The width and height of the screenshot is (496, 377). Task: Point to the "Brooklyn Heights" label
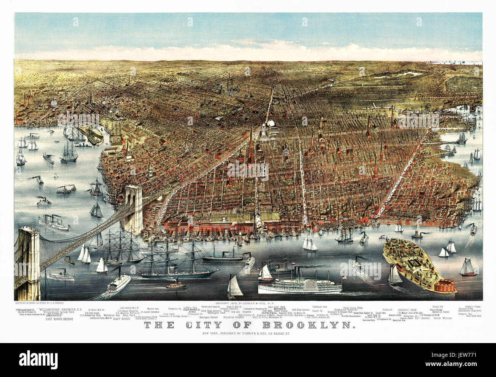click(234, 317)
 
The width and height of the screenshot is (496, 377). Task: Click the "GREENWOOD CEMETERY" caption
click(470, 311)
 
